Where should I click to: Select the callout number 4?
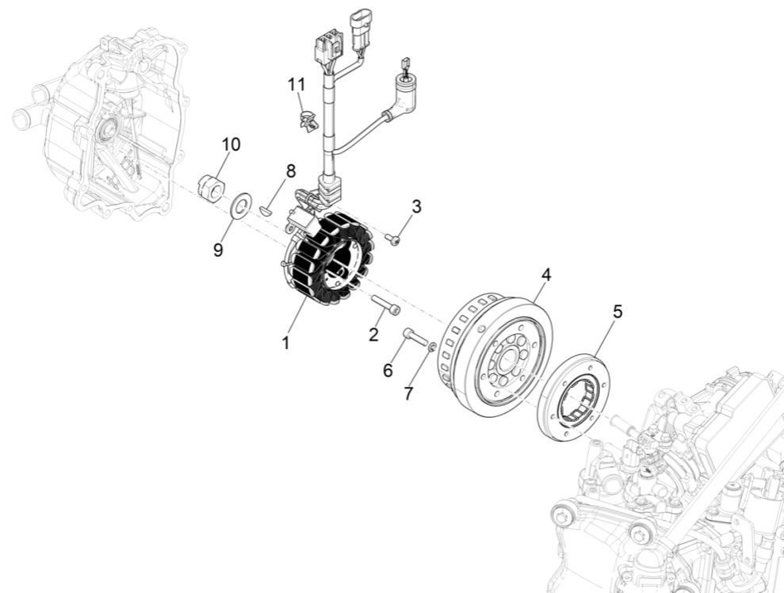(546, 274)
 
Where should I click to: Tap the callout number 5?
(617, 312)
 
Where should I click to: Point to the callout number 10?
(231, 144)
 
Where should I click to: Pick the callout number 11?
(296, 83)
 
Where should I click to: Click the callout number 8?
(291, 170)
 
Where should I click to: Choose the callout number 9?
(218, 250)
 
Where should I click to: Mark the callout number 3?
(415, 206)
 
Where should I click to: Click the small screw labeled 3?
(392, 238)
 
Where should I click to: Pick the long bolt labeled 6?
(415, 339)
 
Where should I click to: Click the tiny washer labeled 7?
(432, 346)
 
